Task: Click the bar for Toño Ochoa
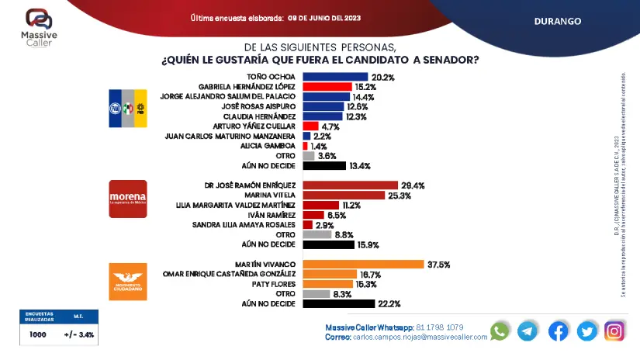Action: (335, 77)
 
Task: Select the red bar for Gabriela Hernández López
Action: (327, 87)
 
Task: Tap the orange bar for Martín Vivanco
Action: (362, 264)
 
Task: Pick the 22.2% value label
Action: (389, 303)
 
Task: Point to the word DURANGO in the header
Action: (558, 22)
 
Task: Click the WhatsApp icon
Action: (500, 331)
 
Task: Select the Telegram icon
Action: (528, 331)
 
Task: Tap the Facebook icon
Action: (558, 331)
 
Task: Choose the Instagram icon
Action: (614, 331)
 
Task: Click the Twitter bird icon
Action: (586, 331)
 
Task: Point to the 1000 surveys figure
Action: (37, 335)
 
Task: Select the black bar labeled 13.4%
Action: (324, 165)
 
